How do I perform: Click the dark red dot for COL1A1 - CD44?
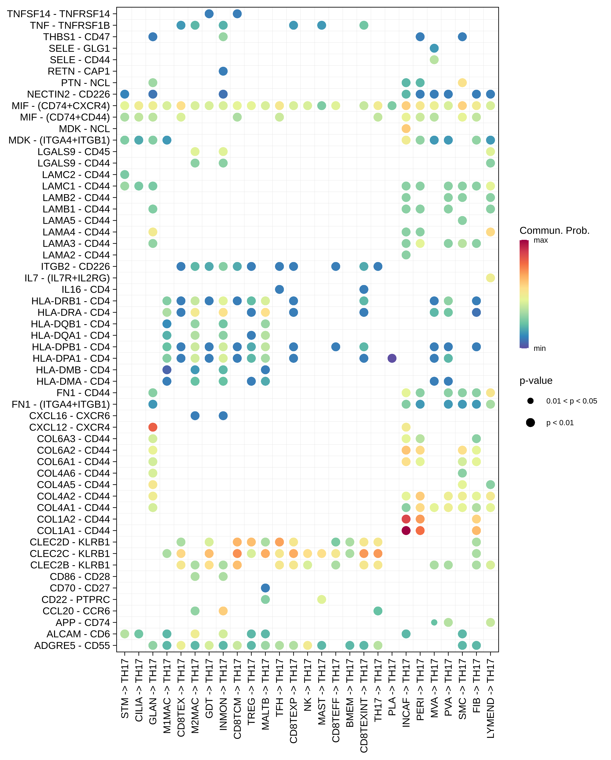click(x=406, y=531)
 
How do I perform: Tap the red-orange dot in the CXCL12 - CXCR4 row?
click(x=153, y=427)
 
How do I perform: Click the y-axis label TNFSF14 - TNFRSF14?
click(x=58, y=14)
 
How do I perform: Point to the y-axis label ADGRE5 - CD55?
click(x=72, y=645)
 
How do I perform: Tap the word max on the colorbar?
click(x=540, y=240)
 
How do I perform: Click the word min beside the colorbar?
click(x=539, y=348)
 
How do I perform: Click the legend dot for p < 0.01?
click(x=530, y=423)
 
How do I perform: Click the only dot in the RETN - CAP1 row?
click(x=223, y=71)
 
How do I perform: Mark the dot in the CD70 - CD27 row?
click(x=265, y=588)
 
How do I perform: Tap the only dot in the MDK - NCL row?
click(x=406, y=129)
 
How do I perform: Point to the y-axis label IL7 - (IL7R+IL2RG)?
click(x=67, y=278)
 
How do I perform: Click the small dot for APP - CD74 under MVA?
click(x=434, y=622)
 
